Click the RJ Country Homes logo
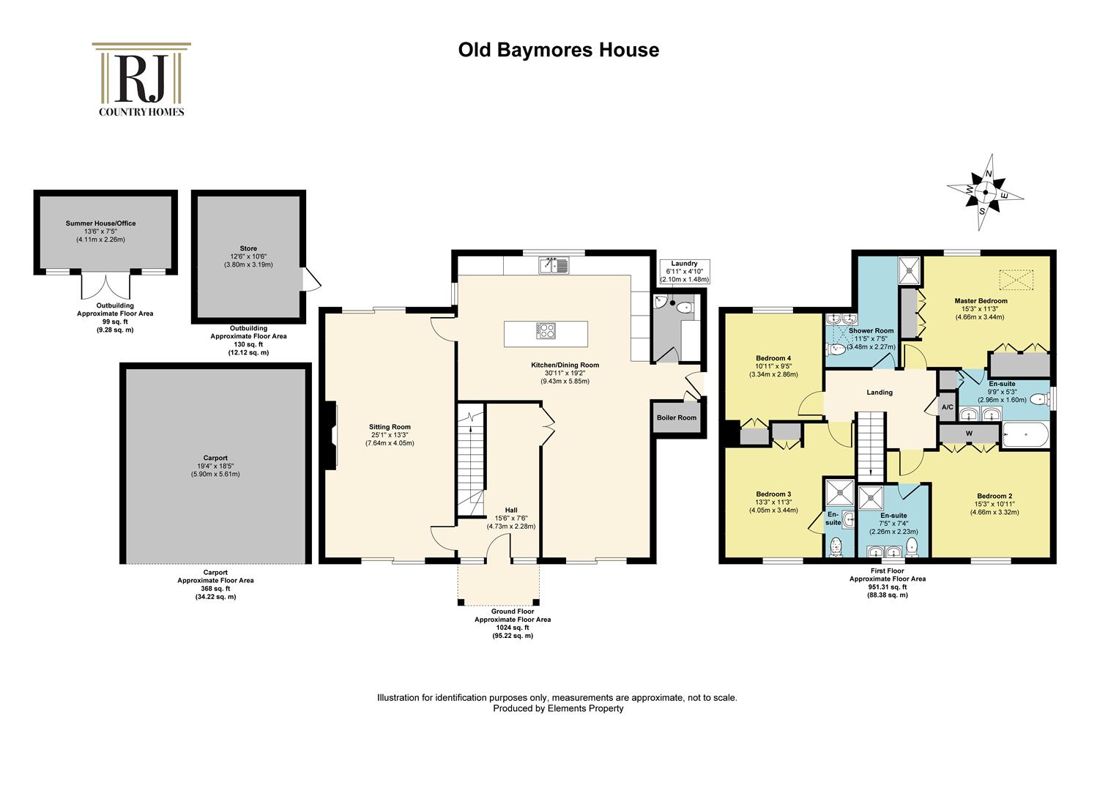tap(141, 79)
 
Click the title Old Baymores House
tap(559, 50)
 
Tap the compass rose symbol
tap(985, 193)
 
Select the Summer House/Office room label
tap(100, 223)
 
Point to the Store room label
tap(248, 248)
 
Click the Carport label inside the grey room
tap(215, 458)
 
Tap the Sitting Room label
tap(390, 427)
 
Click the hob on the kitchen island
tap(546, 331)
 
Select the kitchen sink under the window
tap(554, 265)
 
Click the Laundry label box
tap(685, 271)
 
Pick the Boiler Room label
tap(677, 417)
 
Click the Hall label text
tap(511, 510)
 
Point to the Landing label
tap(880, 393)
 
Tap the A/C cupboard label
tap(947, 407)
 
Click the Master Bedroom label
tap(981, 301)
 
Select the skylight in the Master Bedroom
tap(1016, 280)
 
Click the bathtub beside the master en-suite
tap(1025, 435)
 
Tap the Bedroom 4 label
tap(773, 358)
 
